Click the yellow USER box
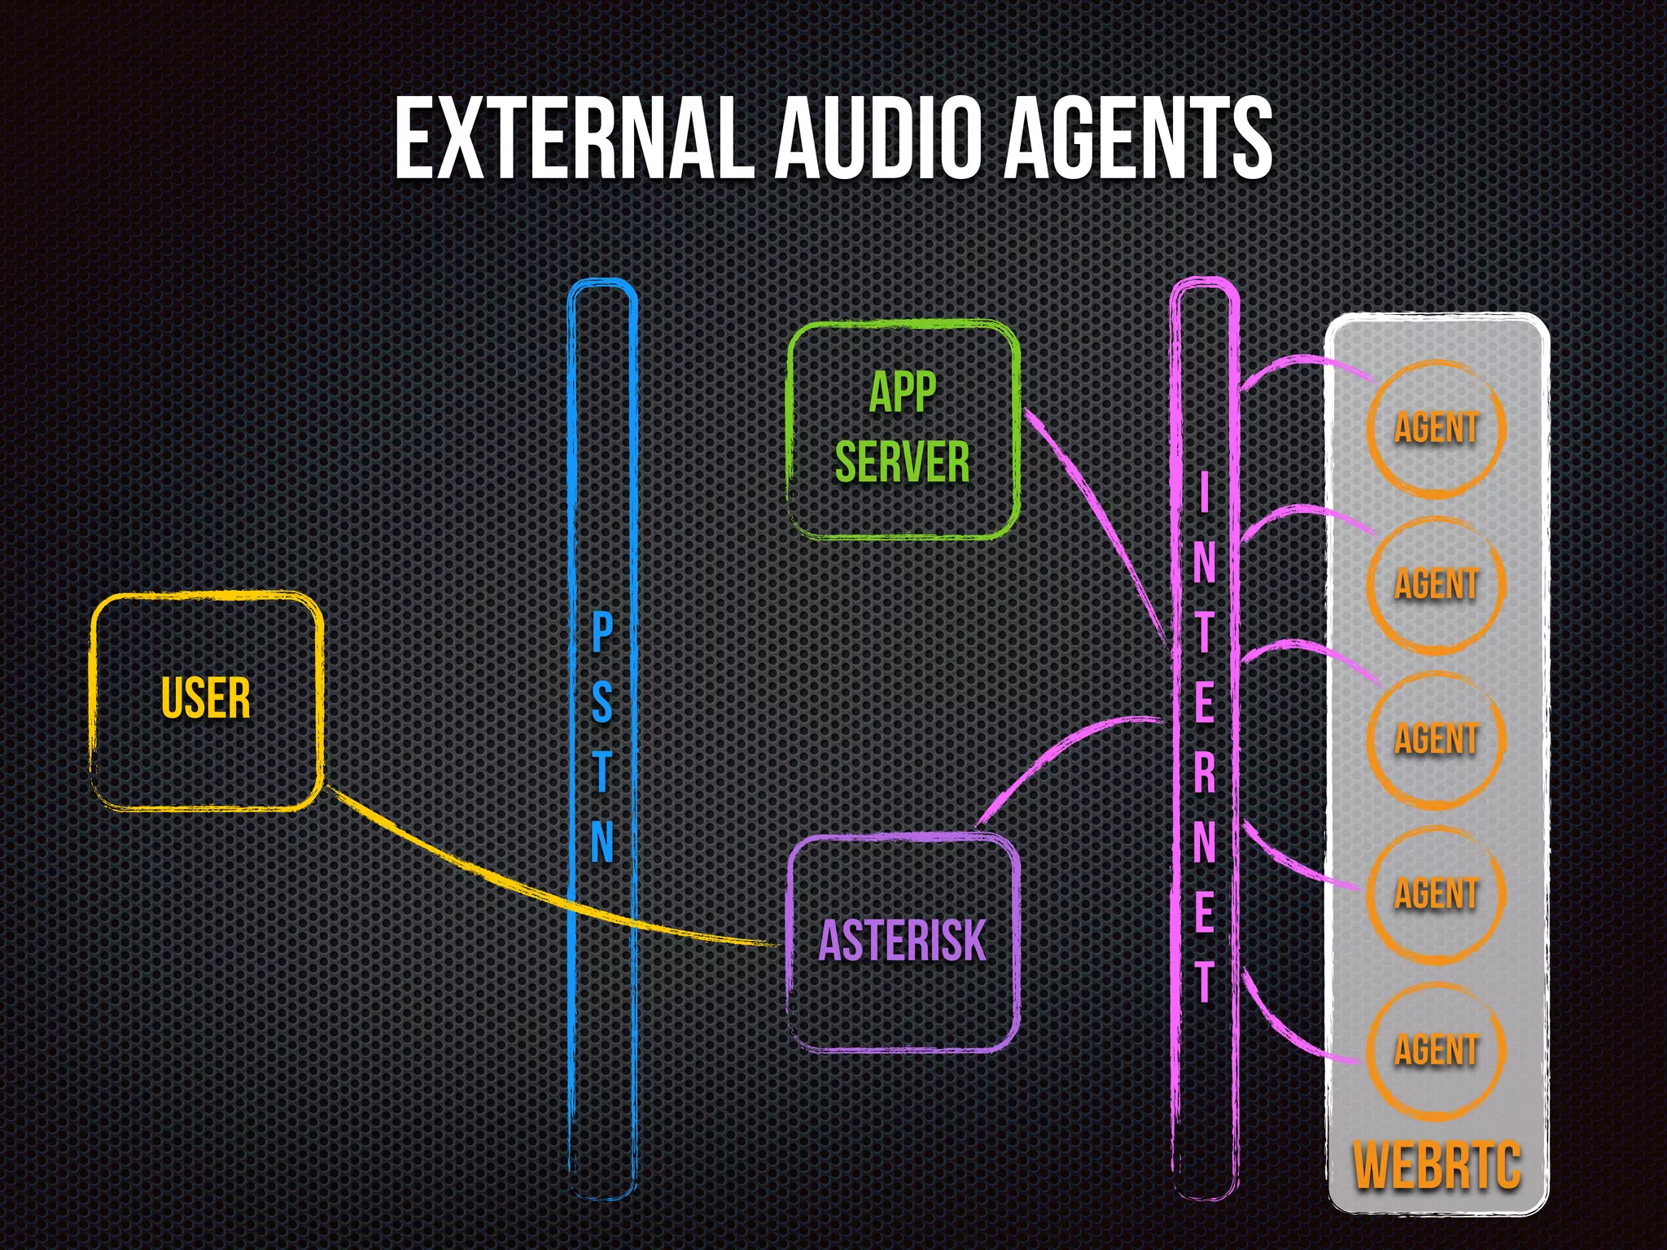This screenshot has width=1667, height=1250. pos(206,700)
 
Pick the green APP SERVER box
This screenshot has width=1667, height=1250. pos(903,430)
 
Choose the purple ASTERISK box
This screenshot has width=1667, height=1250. pos(903,942)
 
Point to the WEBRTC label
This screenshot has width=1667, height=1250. pos(1437,1165)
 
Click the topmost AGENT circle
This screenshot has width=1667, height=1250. pos(1436,428)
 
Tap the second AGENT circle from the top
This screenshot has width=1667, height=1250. pos(1436,584)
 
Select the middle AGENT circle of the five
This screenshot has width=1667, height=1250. pos(1436,739)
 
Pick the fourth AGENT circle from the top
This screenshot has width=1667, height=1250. pos(1436,894)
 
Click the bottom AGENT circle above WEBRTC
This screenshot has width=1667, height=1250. pos(1436,1050)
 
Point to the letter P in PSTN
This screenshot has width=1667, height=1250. pos(602,633)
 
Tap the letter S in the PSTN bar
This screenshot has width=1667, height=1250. pos(602,701)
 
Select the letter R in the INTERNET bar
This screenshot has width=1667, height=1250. pos(1204,771)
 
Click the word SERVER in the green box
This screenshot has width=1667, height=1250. pos(903,462)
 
